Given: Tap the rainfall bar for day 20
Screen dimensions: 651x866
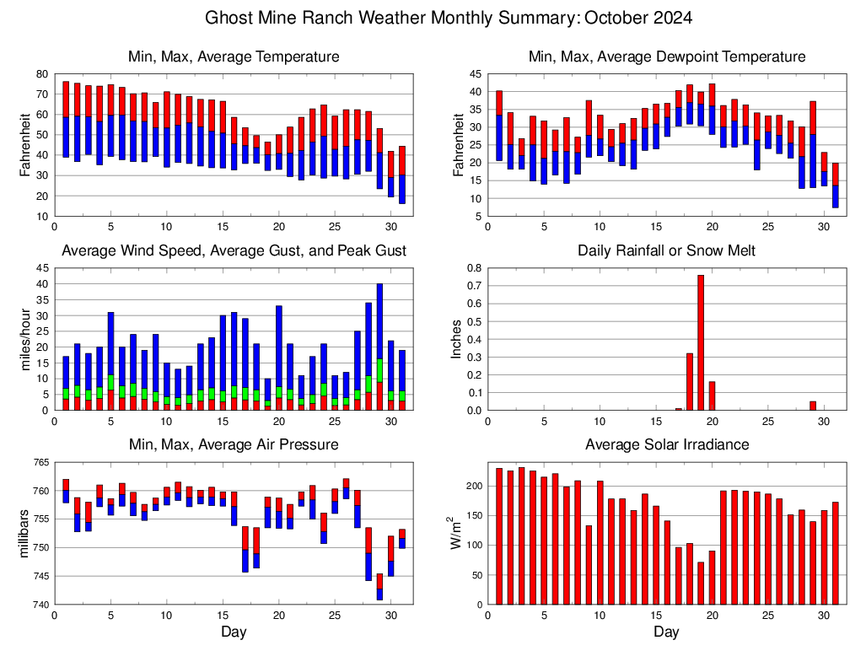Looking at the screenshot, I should coord(712,396).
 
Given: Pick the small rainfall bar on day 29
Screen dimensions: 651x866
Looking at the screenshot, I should coord(812,406).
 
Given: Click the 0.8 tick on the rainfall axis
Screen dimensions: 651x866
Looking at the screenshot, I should coord(474,268).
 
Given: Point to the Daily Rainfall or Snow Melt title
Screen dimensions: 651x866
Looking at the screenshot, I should coord(666,251).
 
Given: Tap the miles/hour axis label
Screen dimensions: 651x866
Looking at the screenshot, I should coord(25,340).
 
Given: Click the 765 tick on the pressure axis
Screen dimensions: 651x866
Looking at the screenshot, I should coord(39,462).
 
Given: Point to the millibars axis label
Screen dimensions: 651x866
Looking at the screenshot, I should coord(25,534).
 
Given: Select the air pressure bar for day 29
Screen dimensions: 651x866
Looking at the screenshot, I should coord(380,587).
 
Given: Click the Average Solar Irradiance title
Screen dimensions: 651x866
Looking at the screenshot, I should coord(666,444).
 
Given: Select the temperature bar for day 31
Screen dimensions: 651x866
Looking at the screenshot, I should coord(402,175).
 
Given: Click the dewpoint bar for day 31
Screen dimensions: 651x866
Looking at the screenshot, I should coord(836,186).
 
